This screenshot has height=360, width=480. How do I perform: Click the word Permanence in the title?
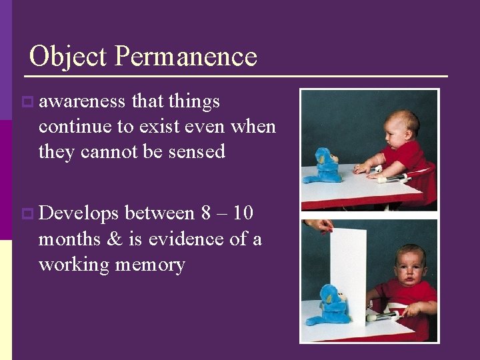[x=185, y=57]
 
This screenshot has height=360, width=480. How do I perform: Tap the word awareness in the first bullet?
[x=82, y=101]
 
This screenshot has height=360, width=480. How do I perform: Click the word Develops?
[x=79, y=213]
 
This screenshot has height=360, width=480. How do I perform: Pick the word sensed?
[x=197, y=151]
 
